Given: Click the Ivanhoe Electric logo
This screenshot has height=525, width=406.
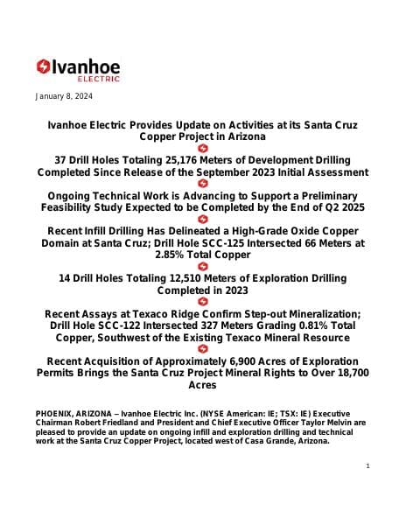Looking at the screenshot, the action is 78,68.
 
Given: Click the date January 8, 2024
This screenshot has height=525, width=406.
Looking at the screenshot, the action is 64,96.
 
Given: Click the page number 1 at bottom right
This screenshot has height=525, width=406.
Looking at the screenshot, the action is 368,465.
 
